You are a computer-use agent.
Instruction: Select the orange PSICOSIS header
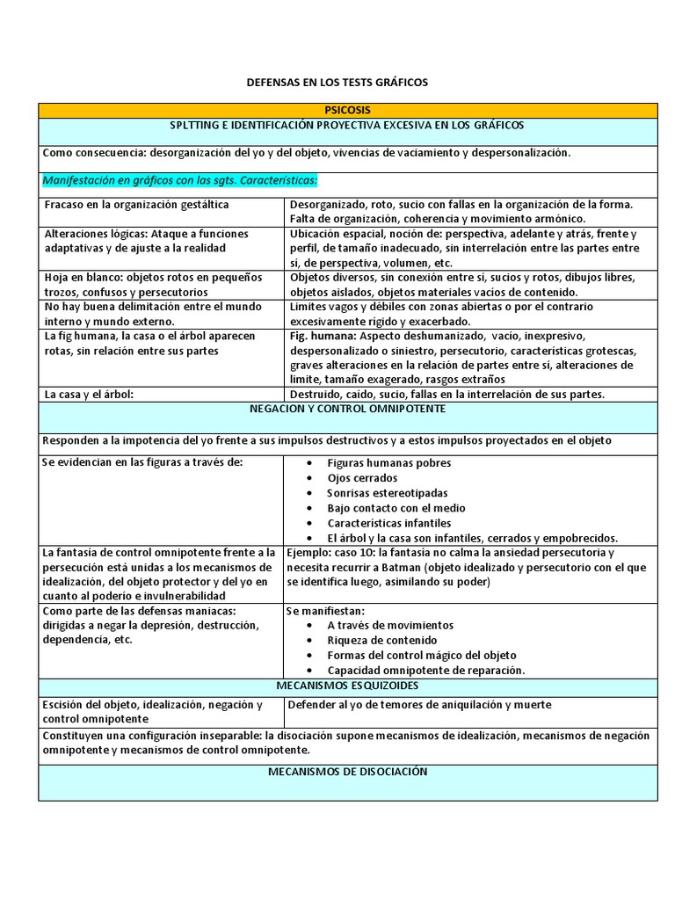click(347, 110)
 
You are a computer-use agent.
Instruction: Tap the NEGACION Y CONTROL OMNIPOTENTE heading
click(347, 410)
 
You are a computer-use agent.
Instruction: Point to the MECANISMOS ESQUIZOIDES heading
click(347, 685)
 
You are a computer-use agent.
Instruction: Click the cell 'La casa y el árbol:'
click(88, 394)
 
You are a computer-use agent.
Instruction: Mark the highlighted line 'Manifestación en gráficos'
click(179, 181)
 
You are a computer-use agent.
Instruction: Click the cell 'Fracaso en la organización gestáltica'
click(135, 205)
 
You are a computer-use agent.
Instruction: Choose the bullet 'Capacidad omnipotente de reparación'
click(425, 670)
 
